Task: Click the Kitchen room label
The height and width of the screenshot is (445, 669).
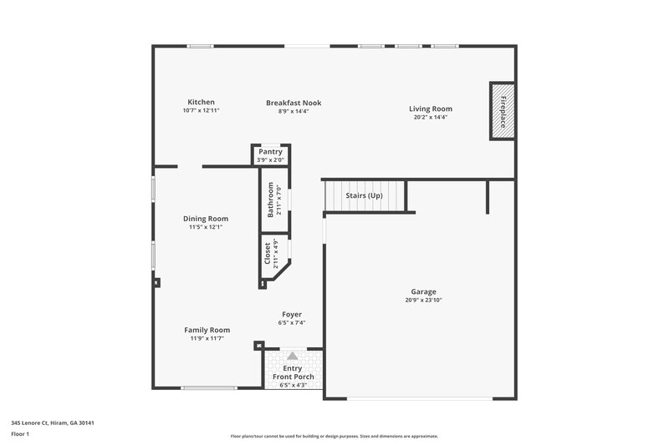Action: pos(201,102)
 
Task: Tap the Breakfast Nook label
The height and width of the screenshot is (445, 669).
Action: pos(294,103)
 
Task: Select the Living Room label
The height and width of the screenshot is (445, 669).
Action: pos(431,109)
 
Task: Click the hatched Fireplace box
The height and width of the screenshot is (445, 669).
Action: pos(503,111)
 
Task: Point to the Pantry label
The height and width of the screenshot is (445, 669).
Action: pos(270,152)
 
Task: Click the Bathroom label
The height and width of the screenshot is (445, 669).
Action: pos(270,200)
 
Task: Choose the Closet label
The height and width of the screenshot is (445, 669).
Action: pos(268,254)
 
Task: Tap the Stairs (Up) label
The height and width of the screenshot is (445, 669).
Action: pos(364,195)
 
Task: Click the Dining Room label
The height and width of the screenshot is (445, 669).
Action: pos(206,219)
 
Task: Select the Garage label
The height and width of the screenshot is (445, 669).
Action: pos(423,291)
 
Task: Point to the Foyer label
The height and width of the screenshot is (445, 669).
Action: pos(292,315)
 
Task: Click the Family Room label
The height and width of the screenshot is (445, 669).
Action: pos(207,330)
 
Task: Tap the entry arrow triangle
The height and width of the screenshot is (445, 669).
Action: pos(293,356)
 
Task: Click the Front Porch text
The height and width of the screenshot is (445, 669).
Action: pos(294,377)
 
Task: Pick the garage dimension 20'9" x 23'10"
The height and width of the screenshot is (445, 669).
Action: pos(423,300)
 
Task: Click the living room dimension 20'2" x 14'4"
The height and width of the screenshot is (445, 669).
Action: pos(431,118)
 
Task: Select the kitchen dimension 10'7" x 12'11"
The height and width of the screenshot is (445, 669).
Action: pos(201,110)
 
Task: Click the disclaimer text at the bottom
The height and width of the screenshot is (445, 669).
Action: pos(334,436)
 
